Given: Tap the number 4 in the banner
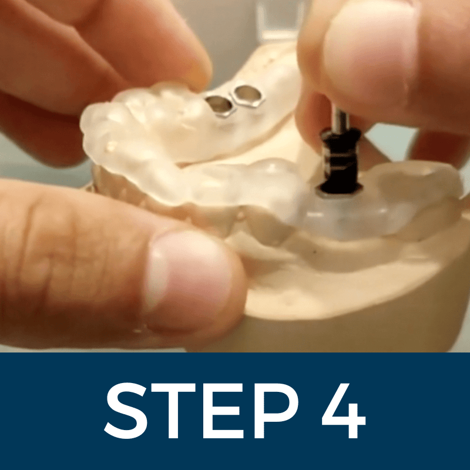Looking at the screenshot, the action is click(344, 411).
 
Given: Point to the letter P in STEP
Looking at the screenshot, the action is click(277, 411).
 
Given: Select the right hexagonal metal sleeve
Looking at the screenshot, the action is click(247, 95).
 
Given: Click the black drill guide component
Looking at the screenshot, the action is click(341, 162).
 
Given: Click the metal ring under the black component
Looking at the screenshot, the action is click(340, 193).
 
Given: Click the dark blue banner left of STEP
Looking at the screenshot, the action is click(52, 411).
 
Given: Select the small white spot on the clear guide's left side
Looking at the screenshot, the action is click(112, 146).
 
